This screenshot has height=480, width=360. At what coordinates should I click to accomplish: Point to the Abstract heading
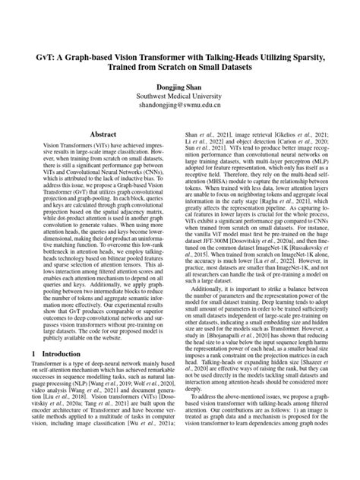103,133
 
